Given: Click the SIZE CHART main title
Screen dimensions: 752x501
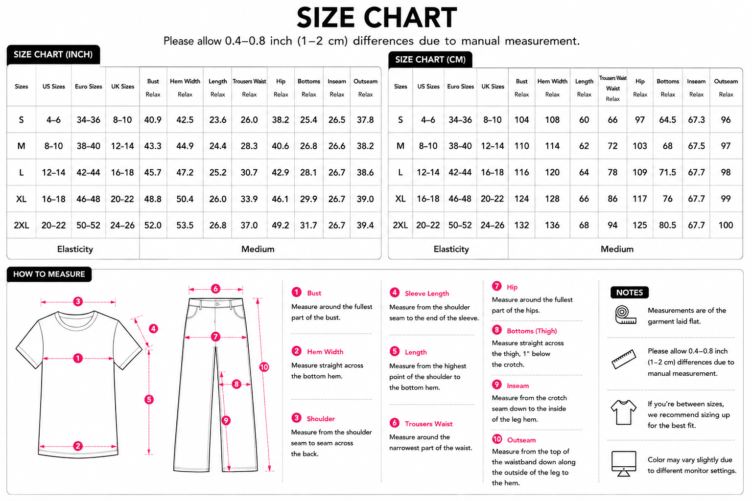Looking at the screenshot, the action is pyautogui.click(x=376, y=18).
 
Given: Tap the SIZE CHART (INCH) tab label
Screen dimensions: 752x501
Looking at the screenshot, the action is pyautogui.click(x=53, y=54).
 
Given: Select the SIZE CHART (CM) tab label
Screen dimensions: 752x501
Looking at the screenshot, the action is pyautogui.click(x=430, y=59).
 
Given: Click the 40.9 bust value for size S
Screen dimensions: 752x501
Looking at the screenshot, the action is pyautogui.click(x=153, y=120).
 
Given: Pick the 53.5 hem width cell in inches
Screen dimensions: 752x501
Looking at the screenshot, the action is pyautogui.click(x=185, y=225).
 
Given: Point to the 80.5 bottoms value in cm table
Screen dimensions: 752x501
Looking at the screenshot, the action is pyautogui.click(x=667, y=225).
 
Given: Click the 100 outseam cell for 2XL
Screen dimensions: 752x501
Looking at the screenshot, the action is pyautogui.click(x=726, y=225).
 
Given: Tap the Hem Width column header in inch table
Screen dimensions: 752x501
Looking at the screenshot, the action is pyautogui.click(x=185, y=81).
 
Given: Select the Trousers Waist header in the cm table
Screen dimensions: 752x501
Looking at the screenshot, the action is pyautogui.click(x=612, y=83).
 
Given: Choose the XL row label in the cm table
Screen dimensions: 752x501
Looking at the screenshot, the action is pyautogui.click(x=400, y=199).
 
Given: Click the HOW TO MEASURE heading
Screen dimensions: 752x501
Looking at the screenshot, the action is pyautogui.click(x=49, y=274).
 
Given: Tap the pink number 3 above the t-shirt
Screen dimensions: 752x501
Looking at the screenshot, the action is pyautogui.click(x=78, y=301).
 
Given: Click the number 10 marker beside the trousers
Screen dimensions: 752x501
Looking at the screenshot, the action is pyautogui.click(x=264, y=367).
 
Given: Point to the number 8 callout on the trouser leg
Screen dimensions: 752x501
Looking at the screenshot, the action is pyautogui.click(x=236, y=384).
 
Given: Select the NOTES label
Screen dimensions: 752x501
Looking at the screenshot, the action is pyautogui.click(x=630, y=293).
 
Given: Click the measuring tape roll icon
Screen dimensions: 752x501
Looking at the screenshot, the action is pyautogui.click(x=625, y=315).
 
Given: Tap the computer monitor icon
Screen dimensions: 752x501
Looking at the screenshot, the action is pyautogui.click(x=624, y=464).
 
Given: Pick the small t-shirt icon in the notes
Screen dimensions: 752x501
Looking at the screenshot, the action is pyautogui.click(x=623, y=412).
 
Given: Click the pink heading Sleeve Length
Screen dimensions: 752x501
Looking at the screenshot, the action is pyautogui.click(x=427, y=293).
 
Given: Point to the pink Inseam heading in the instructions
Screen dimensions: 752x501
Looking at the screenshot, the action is pyautogui.click(x=517, y=386).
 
